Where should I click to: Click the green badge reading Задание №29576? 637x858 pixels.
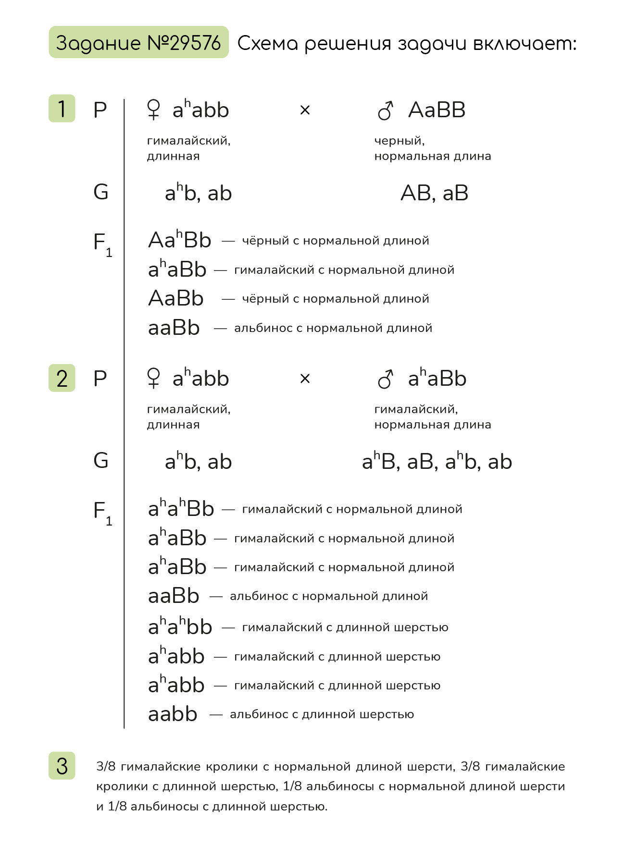[138, 42]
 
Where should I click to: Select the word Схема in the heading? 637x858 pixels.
[268, 43]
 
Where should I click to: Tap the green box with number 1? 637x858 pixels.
[62, 109]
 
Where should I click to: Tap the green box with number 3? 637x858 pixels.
[62, 765]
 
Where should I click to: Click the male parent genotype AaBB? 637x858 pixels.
[437, 110]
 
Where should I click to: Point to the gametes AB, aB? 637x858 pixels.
[434, 193]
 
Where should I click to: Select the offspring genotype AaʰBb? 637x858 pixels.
[180, 240]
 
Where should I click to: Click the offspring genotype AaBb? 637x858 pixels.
[176, 298]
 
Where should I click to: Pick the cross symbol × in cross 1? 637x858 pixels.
[305, 110]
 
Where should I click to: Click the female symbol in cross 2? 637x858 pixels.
[153, 378]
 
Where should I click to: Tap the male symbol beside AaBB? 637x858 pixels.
[386, 110]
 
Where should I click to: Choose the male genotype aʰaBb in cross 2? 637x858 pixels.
[437, 379]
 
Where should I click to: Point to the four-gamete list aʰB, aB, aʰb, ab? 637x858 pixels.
[437, 462]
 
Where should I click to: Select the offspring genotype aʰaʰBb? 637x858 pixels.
[181, 508]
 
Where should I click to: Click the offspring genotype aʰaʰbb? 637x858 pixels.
[180, 626]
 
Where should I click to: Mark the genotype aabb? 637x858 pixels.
[173, 714]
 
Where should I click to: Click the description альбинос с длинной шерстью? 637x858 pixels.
[322, 714]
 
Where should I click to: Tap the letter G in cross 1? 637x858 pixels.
[101, 192]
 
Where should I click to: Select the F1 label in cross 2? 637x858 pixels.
[102, 512]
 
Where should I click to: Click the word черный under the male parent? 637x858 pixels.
[399, 141]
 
